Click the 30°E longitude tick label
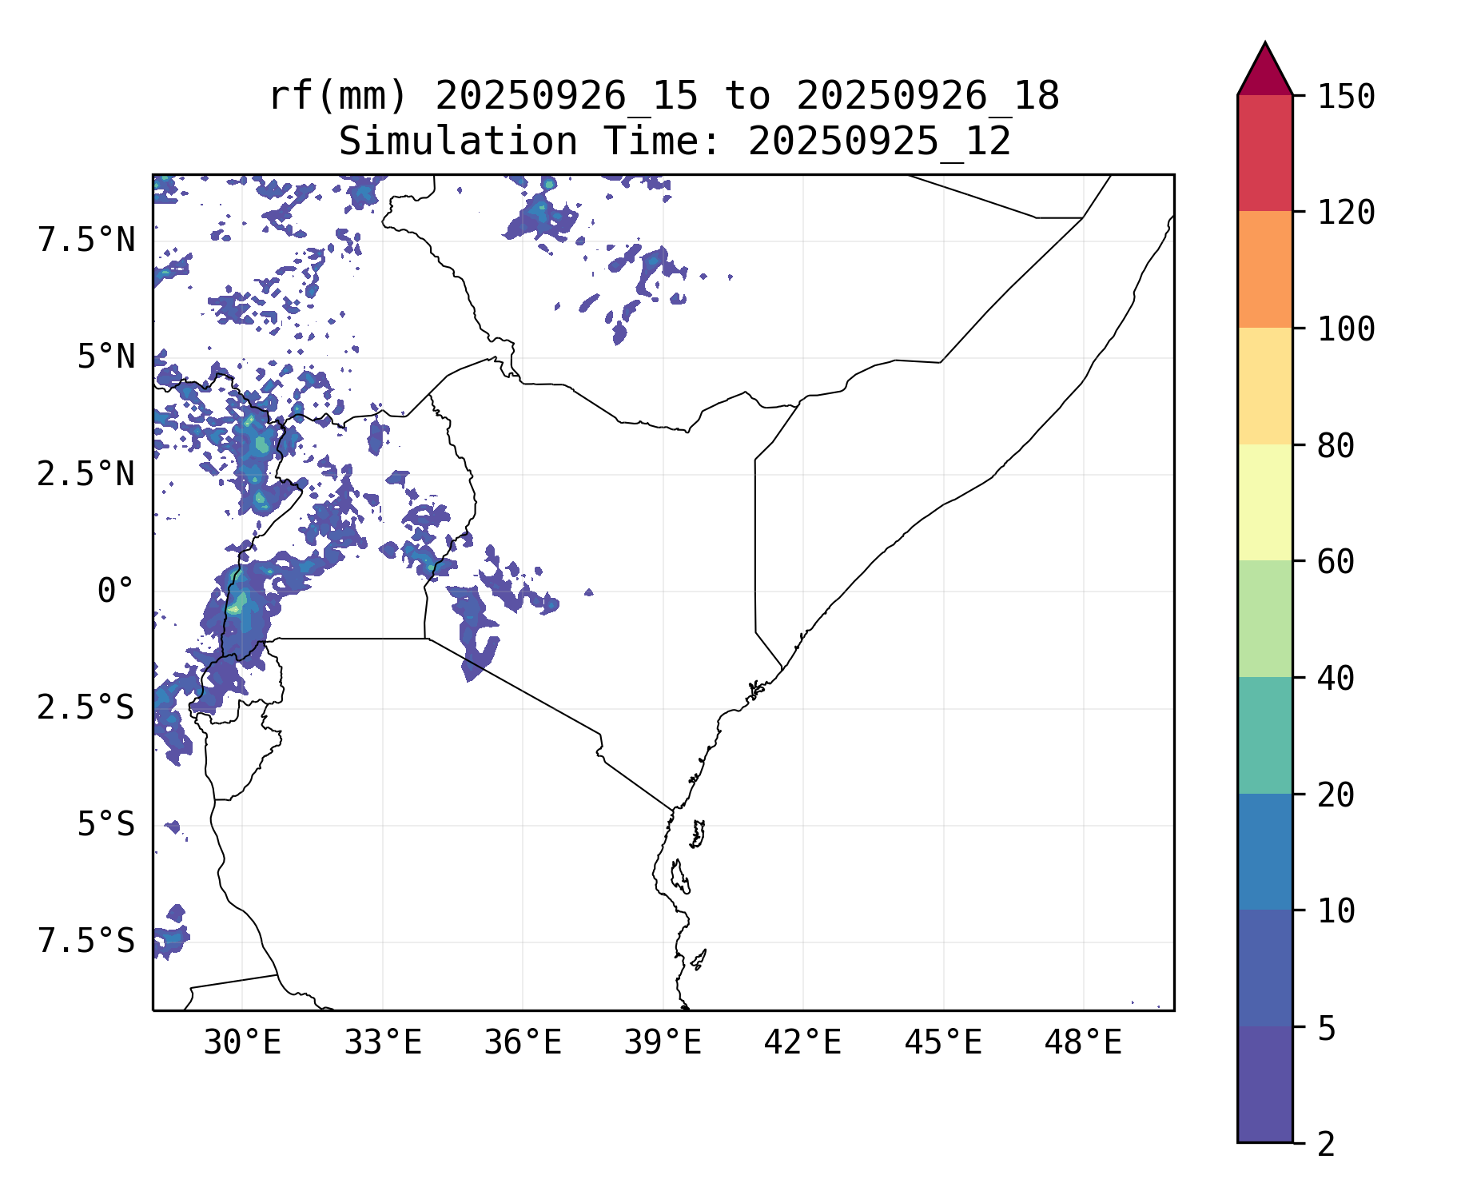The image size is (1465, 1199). pyautogui.click(x=242, y=1043)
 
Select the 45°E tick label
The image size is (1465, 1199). pyautogui.click(x=943, y=1043)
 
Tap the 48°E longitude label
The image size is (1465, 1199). pyautogui.click(x=1083, y=1043)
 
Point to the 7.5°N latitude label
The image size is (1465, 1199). pyautogui.click(x=86, y=241)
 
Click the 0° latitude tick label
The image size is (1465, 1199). pyautogui.click(x=115, y=592)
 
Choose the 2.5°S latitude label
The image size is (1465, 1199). pyautogui.click(x=86, y=708)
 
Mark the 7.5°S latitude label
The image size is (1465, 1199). pyautogui.click(x=86, y=942)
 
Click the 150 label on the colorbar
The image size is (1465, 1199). pyautogui.click(x=1347, y=98)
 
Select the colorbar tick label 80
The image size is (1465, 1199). pyautogui.click(x=1336, y=446)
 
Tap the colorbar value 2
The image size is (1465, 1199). pyautogui.click(x=1327, y=1145)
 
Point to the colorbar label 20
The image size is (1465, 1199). pyautogui.click(x=1336, y=795)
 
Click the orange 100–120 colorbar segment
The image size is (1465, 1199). pyautogui.click(x=1264, y=269)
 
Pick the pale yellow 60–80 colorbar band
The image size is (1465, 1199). pyautogui.click(x=1264, y=502)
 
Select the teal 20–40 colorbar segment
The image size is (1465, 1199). pyautogui.click(x=1264, y=735)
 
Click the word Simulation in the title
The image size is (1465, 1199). pyautogui.click(x=458, y=142)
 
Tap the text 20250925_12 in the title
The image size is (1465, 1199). pyautogui.click(x=879, y=142)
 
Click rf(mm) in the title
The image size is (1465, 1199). pyautogui.click(x=338, y=97)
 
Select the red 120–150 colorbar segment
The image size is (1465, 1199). pyautogui.click(x=1264, y=153)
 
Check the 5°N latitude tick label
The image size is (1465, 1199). pyautogui.click(x=105, y=357)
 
